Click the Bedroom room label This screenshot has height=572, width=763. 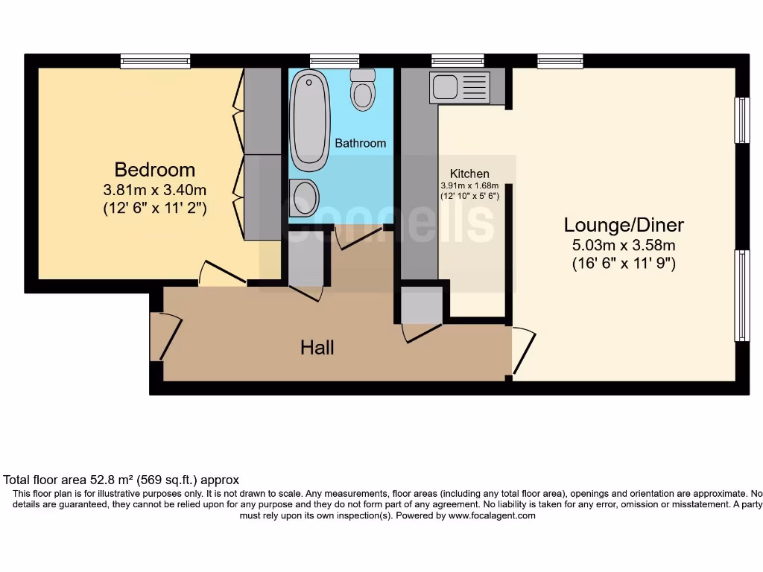click(x=154, y=170)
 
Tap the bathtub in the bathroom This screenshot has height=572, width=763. click(x=309, y=119)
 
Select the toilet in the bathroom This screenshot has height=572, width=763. click(x=363, y=90)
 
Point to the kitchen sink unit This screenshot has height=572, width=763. click(x=459, y=87)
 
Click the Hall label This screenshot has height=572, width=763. click(x=317, y=347)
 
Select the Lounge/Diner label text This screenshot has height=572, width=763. click(x=623, y=225)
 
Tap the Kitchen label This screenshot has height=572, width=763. click(x=469, y=174)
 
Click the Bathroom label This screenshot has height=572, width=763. click(x=360, y=143)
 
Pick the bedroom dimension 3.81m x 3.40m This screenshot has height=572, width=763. click(x=154, y=191)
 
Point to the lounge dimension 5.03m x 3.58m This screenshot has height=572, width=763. click(x=623, y=244)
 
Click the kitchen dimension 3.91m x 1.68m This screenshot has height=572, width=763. click(x=469, y=185)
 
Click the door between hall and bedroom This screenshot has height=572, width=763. click(x=222, y=273)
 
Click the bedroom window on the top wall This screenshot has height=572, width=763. click(x=156, y=61)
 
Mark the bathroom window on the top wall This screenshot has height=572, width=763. click(x=335, y=61)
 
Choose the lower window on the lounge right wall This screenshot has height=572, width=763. click(x=741, y=295)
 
